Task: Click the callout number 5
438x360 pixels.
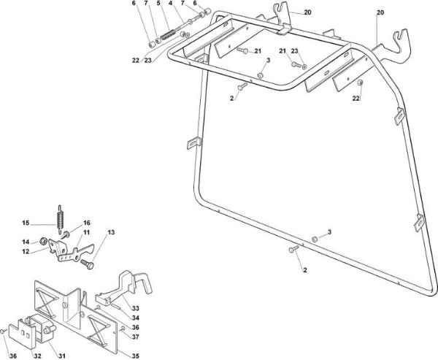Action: click(x=158, y=4)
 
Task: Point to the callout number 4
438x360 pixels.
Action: click(x=170, y=4)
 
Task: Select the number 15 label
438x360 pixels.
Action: click(x=26, y=223)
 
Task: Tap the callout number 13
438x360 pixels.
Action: click(x=111, y=232)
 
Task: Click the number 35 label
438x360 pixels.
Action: click(x=136, y=356)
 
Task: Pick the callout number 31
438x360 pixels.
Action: click(x=62, y=356)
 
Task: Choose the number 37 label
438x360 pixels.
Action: click(x=136, y=337)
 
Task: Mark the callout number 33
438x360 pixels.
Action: click(x=136, y=308)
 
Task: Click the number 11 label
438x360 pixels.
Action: click(x=86, y=232)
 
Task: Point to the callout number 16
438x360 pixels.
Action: click(x=87, y=223)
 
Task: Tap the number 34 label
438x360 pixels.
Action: click(x=136, y=318)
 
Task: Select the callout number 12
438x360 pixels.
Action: click(x=26, y=251)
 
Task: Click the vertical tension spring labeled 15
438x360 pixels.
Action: click(x=60, y=220)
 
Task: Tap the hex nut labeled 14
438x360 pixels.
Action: click(x=43, y=241)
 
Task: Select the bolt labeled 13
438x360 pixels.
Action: click(x=87, y=264)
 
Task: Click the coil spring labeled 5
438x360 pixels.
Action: click(x=168, y=35)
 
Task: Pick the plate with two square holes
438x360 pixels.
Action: click(x=22, y=334)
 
